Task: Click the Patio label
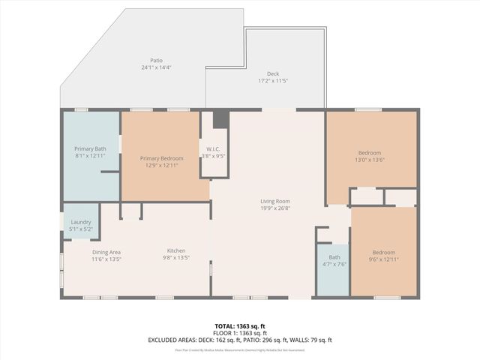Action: pos(156,61)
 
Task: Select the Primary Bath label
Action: pos(90,149)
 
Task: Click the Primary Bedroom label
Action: pos(162,158)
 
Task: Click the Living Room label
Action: pos(275,201)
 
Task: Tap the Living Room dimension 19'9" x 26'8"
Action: pos(275,208)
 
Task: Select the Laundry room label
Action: pos(81,222)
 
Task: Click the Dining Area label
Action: pos(106,251)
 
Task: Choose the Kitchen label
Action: pos(176,250)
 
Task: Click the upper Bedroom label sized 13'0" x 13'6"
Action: pos(369,153)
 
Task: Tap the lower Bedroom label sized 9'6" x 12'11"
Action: pos(383,252)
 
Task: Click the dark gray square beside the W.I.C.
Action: pos(220,120)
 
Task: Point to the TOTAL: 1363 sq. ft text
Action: pos(239,326)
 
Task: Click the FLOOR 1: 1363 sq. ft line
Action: pos(239,333)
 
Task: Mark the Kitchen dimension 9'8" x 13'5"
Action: pos(176,259)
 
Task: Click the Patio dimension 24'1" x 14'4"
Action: pos(156,67)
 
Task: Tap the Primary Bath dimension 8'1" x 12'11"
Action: pos(90,156)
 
